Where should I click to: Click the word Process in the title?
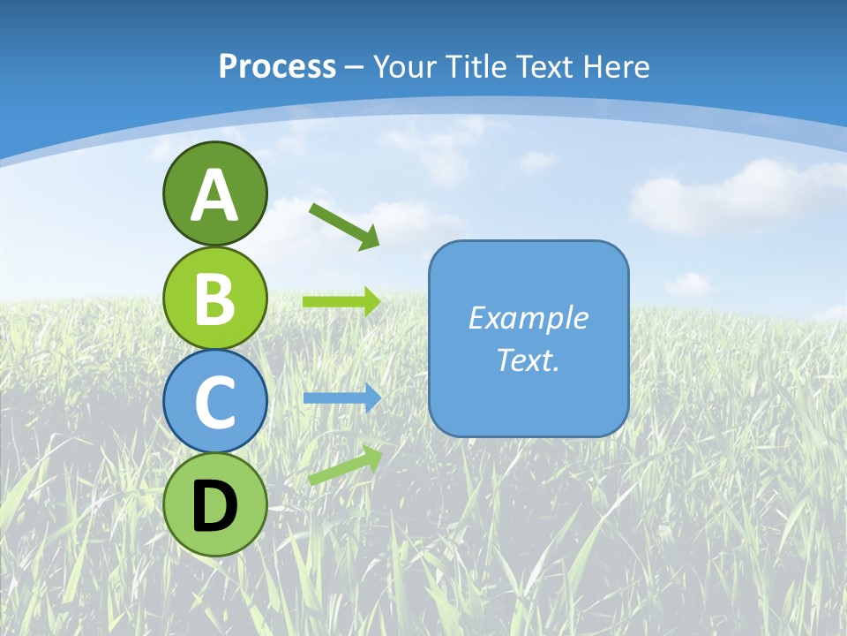coord(277,66)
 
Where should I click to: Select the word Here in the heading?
coord(617,66)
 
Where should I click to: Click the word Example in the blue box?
coord(528,318)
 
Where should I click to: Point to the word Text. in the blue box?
coord(528,360)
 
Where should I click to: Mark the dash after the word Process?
coord(354,67)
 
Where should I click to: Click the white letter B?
coord(214,299)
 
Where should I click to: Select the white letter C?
coord(214,402)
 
